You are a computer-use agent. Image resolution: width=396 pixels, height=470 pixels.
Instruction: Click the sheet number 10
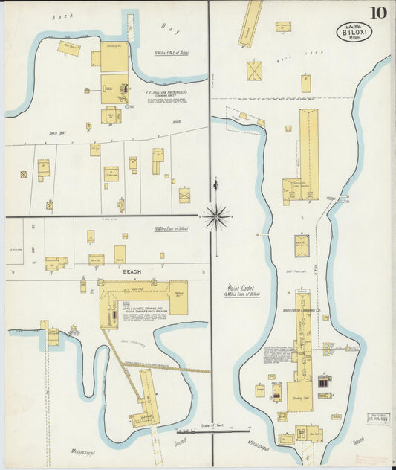click(379, 12)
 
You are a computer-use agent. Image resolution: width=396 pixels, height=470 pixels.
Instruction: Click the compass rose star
click(216, 216)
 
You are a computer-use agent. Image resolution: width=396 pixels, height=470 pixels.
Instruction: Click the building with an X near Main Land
click(255, 71)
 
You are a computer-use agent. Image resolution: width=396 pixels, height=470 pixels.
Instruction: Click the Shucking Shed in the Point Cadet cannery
click(299, 395)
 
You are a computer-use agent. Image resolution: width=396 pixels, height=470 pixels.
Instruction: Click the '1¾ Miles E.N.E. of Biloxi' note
click(172, 53)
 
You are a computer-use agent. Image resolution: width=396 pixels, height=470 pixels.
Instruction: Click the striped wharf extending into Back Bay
click(132, 28)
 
